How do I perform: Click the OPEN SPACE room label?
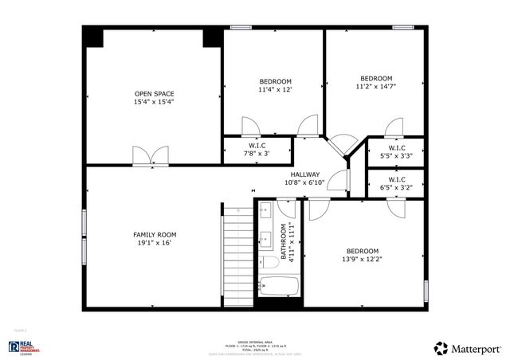coord(154,94)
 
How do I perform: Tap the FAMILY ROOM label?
coord(154,234)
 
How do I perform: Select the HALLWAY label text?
coord(304,174)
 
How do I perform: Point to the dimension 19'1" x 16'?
coord(154,243)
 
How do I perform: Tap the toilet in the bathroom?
coord(269,262)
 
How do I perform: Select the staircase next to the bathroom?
coord(237,255)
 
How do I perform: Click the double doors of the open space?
coord(150,155)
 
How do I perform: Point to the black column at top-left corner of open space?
coord(93,37)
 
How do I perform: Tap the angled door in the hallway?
coord(345,145)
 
